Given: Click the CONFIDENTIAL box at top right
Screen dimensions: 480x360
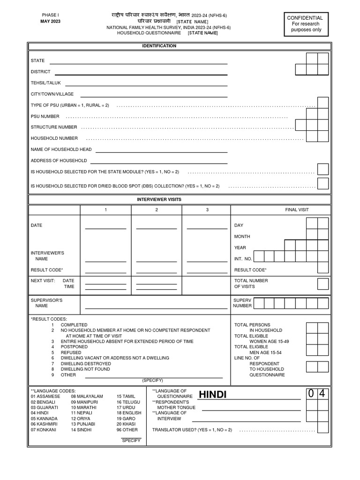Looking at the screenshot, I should click(x=305, y=24).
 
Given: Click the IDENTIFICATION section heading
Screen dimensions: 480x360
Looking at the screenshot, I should click(x=159, y=46).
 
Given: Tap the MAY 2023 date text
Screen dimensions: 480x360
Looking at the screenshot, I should click(x=50, y=21).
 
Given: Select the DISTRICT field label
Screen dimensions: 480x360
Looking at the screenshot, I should click(x=41, y=72).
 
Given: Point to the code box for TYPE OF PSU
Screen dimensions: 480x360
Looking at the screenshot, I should click(x=323, y=103).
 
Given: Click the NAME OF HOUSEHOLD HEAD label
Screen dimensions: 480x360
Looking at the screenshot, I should click(x=61, y=150).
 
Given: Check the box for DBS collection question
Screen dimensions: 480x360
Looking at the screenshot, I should click(x=323, y=183).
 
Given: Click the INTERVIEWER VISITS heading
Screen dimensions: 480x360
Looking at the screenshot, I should click(x=159, y=200).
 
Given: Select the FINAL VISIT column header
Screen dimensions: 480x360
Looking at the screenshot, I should click(x=297, y=210).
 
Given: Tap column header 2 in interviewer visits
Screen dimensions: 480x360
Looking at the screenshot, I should click(x=157, y=210).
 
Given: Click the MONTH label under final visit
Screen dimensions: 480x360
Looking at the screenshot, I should click(x=242, y=237).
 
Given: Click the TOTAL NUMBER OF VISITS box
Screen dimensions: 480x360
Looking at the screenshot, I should click(x=323, y=284).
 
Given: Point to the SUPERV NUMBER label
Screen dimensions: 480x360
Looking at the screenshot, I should click(x=242, y=303).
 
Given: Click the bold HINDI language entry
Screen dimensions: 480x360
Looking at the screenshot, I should click(x=212, y=395).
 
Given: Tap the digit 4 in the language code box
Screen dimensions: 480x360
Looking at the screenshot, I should click(x=322, y=394).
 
